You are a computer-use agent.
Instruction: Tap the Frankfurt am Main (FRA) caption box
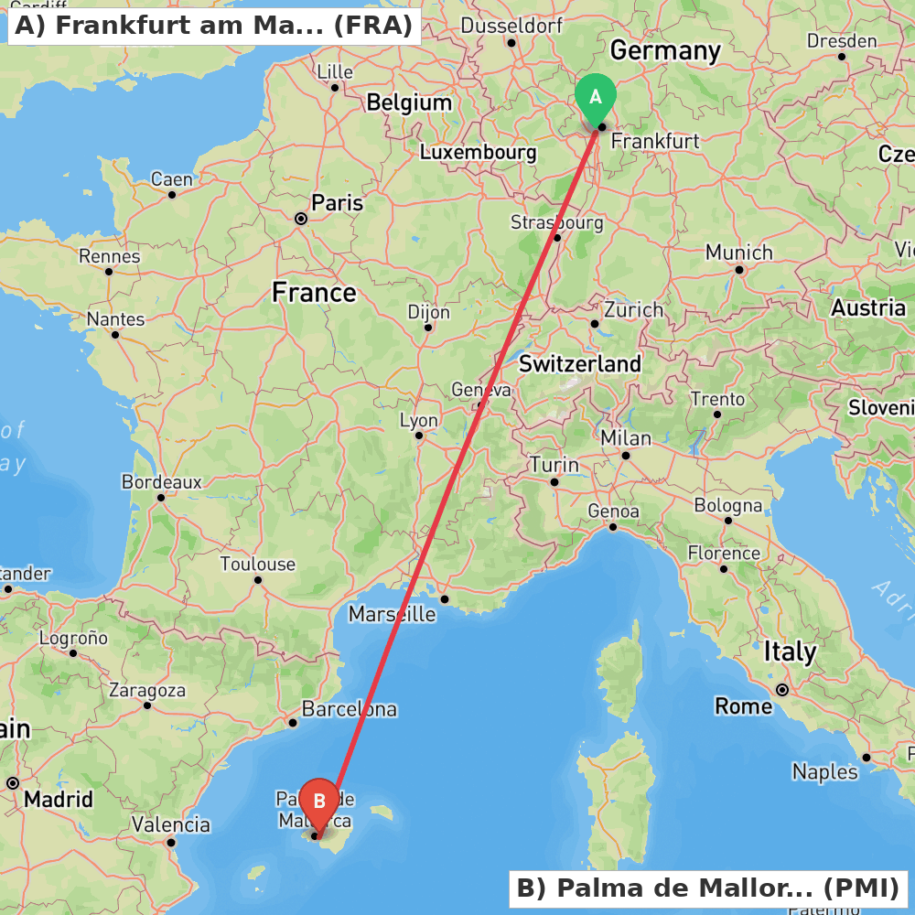214,26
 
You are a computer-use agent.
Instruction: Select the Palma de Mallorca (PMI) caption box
708,888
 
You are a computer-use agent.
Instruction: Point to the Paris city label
337,203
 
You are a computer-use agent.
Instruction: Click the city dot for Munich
739,269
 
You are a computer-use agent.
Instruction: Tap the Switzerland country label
580,364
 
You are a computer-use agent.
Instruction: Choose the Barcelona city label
349,709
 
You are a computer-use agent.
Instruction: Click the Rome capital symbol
782,689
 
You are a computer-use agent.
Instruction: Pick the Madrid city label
59,800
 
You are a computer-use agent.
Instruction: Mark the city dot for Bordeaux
161,498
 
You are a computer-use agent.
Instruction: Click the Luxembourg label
478,153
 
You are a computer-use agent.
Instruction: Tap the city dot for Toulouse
258,579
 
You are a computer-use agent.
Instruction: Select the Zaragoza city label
146,691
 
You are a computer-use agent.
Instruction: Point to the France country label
314,293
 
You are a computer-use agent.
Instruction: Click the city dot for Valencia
171,842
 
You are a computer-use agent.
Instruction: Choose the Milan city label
626,439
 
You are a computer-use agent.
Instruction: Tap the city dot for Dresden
842,57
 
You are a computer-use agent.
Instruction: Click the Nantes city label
115,319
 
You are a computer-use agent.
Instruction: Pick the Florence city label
724,554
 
